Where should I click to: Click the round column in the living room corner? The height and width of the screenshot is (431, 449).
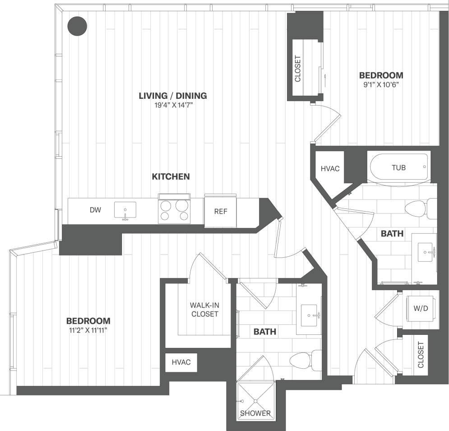77,26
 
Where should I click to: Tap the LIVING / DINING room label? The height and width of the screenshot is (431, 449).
173,96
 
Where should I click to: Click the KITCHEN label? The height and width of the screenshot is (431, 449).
171,176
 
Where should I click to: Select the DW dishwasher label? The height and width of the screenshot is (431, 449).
95,210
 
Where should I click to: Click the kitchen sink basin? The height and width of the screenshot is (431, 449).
125,210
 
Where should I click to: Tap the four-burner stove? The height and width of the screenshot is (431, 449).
174,210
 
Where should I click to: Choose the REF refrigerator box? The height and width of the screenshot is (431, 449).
220,211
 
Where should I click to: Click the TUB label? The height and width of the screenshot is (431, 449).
398,167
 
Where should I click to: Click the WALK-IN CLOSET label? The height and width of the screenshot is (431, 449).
204,310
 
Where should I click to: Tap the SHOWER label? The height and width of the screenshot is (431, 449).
255,413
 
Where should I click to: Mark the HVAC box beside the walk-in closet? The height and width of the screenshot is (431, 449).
181,362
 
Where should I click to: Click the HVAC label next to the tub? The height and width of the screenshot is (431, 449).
330,168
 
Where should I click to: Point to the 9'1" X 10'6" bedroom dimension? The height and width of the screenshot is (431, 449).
381,84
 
